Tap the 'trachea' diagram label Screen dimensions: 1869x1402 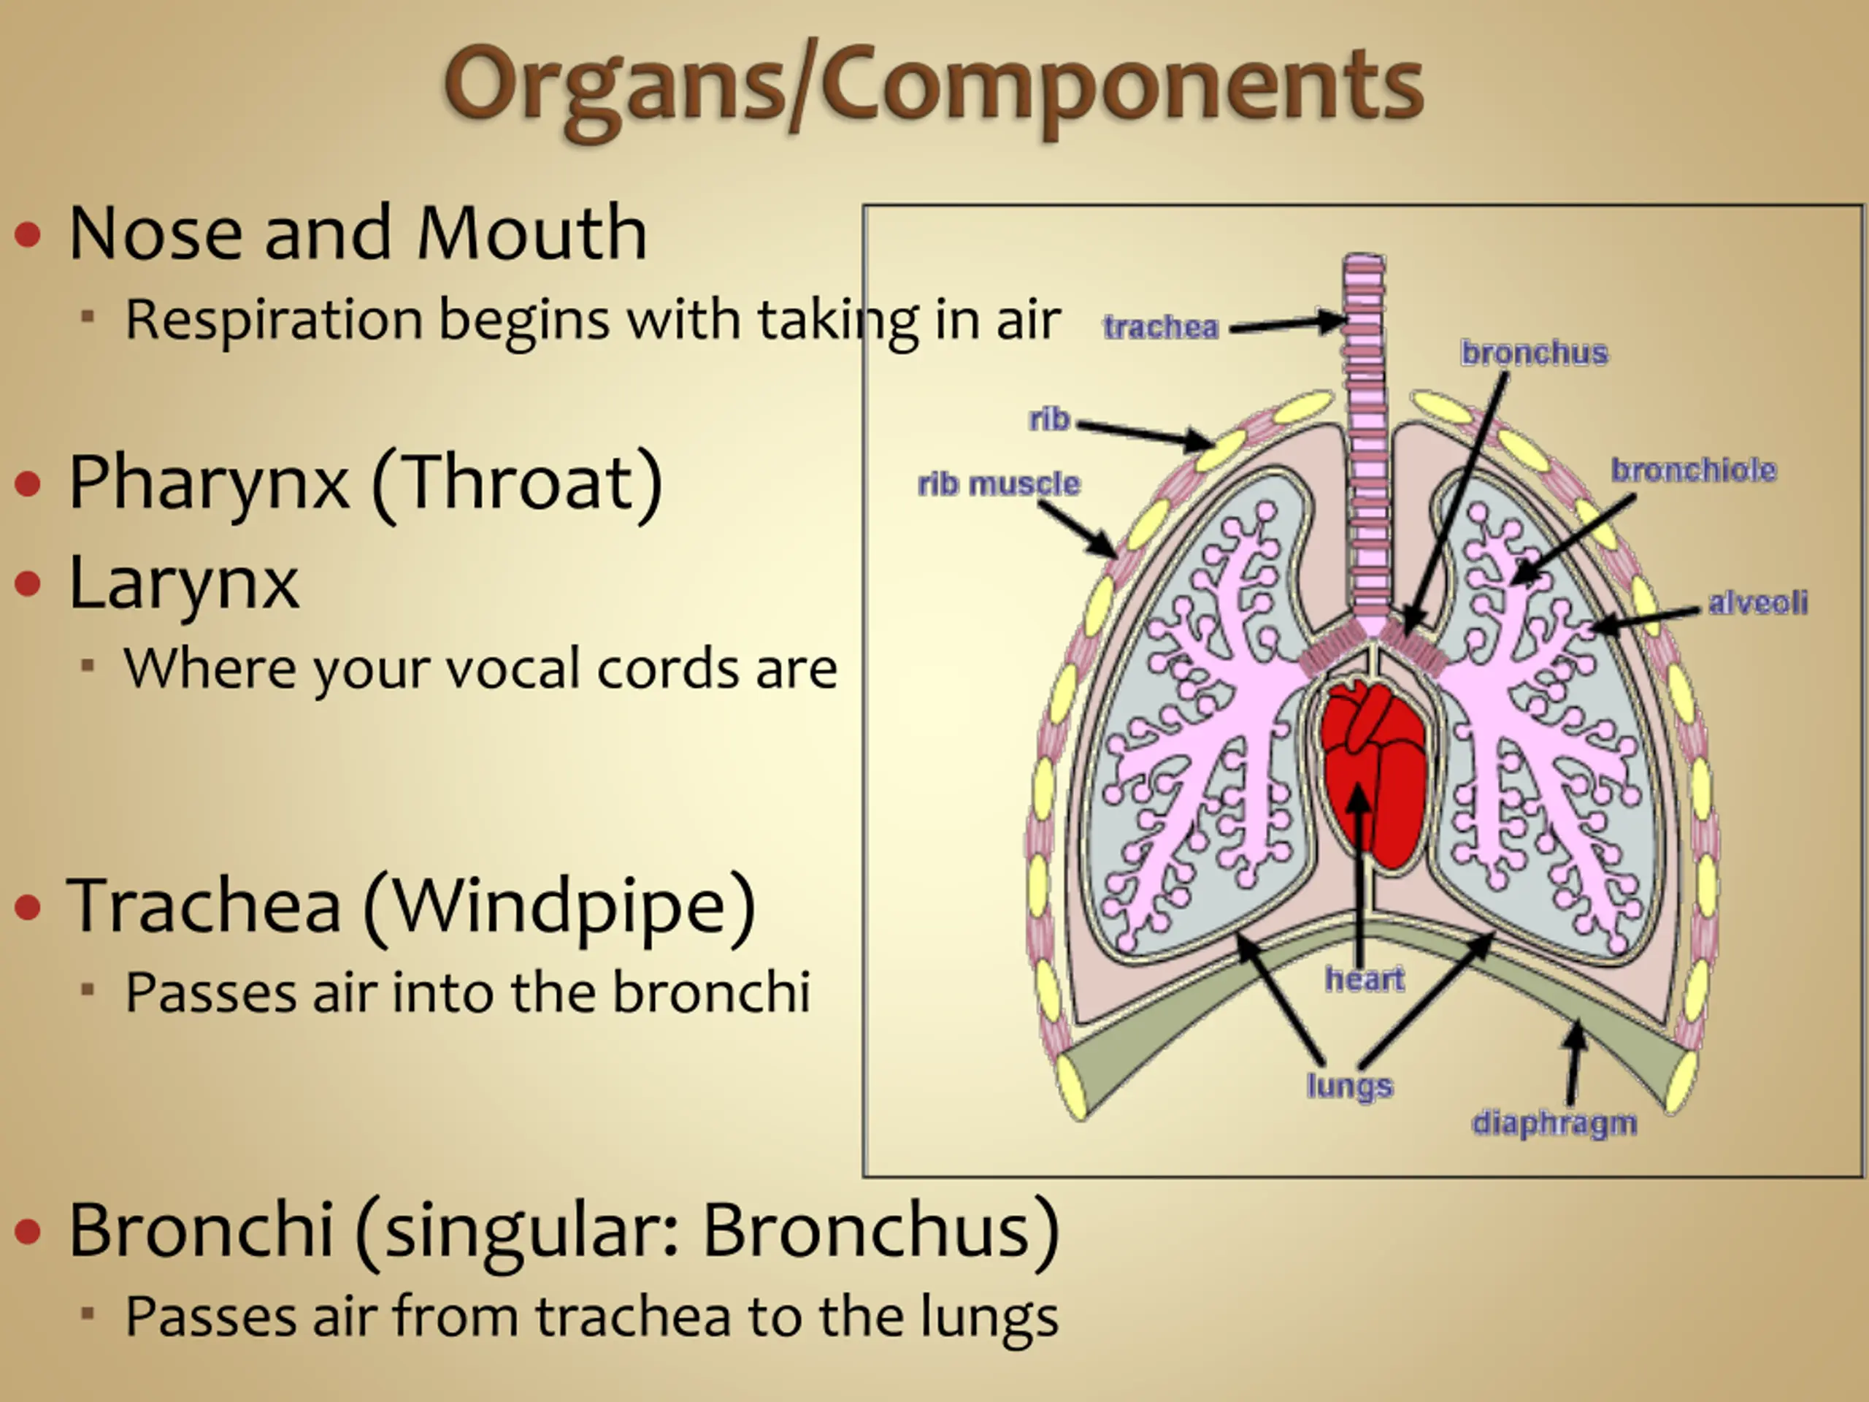pos(1161,327)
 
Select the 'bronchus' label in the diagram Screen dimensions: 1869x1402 pos(1535,353)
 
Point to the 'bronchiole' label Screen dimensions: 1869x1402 pos(1693,470)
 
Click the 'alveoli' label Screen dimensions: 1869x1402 pos(1757,602)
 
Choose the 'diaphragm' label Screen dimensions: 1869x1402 pos(1554,1123)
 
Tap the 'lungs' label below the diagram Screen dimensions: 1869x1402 pos(1349,1085)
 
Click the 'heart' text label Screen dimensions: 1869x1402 pos(1365,978)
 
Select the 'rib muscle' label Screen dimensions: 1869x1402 pos(999,483)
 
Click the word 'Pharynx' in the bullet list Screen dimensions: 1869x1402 pos(208,483)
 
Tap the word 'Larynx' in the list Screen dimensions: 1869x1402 pos(183,583)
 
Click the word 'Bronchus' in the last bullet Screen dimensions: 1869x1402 pos(866,1230)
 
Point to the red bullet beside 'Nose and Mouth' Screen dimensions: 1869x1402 pos(28,234)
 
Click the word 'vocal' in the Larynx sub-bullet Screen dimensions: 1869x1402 pos(515,668)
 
